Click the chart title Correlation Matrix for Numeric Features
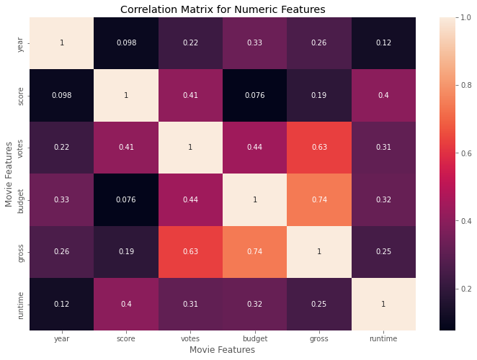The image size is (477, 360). click(223, 9)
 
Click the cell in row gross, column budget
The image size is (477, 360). click(255, 251)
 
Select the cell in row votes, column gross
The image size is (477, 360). click(319, 148)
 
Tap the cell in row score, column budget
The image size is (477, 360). click(255, 96)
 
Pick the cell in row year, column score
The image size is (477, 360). click(126, 43)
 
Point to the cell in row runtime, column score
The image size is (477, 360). click(126, 303)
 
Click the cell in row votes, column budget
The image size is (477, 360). click(255, 148)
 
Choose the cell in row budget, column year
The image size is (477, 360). click(62, 199)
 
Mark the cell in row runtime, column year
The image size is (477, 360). click(62, 303)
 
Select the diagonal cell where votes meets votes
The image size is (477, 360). click(190, 148)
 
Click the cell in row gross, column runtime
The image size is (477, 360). click(383, 251)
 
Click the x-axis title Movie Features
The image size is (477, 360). click(223, 349)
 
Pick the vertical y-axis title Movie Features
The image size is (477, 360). click(9, 174)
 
